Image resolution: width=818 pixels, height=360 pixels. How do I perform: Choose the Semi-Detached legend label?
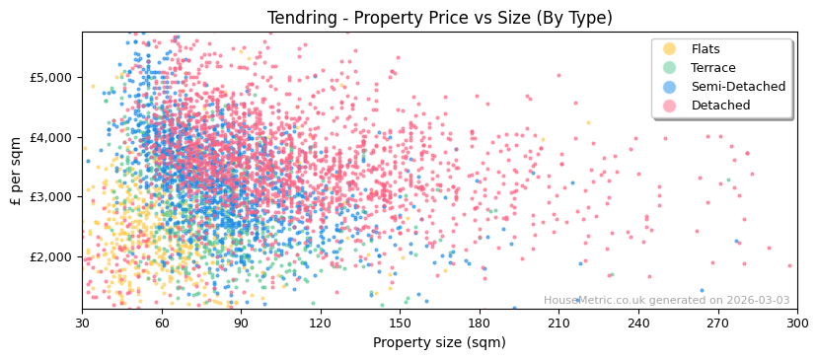(738, 87)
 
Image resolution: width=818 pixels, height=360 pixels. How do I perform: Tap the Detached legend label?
(720, 106)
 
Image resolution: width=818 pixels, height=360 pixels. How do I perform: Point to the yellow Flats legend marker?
(670, 49)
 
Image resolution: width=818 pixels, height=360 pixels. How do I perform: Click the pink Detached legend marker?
(670, 106)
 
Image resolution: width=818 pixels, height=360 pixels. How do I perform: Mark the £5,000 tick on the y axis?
(51, 77)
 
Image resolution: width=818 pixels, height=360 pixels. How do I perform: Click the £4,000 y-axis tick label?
(51, 137)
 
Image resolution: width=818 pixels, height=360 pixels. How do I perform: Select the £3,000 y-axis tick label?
(51, 196)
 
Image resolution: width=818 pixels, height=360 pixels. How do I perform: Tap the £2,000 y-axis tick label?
(51, 256)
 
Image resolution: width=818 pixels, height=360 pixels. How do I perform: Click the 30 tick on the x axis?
(82, 323)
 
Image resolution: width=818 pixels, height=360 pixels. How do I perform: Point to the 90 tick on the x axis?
(241, 323)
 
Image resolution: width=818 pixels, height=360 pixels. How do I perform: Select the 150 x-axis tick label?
(400, 323)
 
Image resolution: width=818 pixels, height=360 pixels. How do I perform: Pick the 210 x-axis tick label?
(558, 323)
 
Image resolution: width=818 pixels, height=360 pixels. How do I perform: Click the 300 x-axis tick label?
(796, 323)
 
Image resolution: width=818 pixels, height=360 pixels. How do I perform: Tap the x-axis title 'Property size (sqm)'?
(439, 342)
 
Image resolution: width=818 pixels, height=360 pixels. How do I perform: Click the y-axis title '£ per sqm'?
(16, 171)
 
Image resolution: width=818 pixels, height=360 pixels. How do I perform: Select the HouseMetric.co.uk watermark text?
(666, 301)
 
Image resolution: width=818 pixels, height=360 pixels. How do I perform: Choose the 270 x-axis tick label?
(717, 323)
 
